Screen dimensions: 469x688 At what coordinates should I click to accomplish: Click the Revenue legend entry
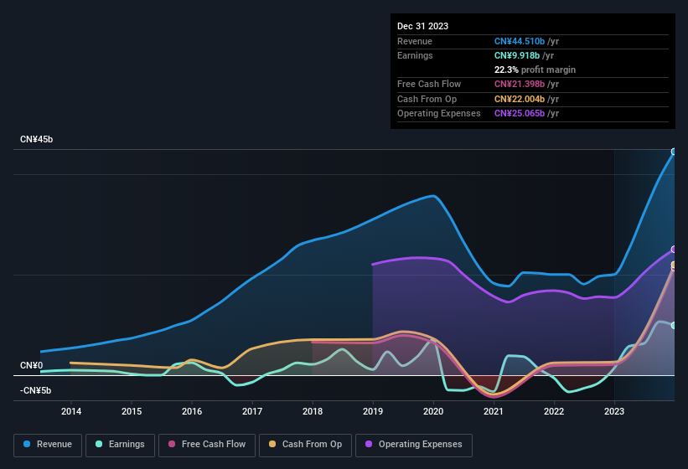tap(48, 444)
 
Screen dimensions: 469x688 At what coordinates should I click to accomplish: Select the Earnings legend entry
tap(120, 444)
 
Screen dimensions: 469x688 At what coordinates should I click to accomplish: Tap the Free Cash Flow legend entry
tap(207, 444)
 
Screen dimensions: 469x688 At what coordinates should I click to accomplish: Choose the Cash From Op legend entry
tap(305, 444)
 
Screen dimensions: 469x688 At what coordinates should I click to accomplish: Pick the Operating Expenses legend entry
tap(413, 444)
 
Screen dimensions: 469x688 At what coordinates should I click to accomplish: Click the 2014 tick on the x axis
tap(71, 411)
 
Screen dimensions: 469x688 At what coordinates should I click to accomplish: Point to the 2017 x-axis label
tap(252, 411)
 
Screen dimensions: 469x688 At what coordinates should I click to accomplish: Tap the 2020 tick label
tap(433, 411)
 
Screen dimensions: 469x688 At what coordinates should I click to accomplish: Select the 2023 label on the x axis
tap(614, 411)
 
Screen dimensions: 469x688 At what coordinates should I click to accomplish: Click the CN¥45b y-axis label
tap(36, 139)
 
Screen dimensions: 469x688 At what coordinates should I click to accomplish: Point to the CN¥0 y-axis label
tap(31, 365)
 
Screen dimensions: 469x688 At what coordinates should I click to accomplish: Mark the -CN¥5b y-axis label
tap(36, 390)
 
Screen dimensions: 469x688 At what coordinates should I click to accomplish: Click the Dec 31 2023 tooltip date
tap(422, 26)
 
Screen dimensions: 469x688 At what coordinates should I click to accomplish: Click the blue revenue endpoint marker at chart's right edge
tap(674, 152)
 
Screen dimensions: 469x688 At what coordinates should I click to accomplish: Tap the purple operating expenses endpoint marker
tap(674, 250)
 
